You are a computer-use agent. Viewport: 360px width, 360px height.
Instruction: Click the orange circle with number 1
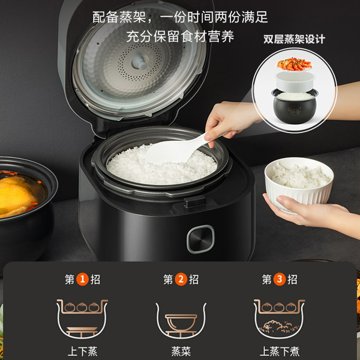coord(82,279)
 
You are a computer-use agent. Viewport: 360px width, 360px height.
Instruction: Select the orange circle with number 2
coord(180,279)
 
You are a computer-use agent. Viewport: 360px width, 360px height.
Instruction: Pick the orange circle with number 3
coord(279,279)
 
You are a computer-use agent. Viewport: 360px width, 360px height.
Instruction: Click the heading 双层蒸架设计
coord(294,39)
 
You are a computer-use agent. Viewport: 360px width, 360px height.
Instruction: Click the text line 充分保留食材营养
coord(180,36)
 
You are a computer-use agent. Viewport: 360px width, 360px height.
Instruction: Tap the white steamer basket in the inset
coord(294,81)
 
